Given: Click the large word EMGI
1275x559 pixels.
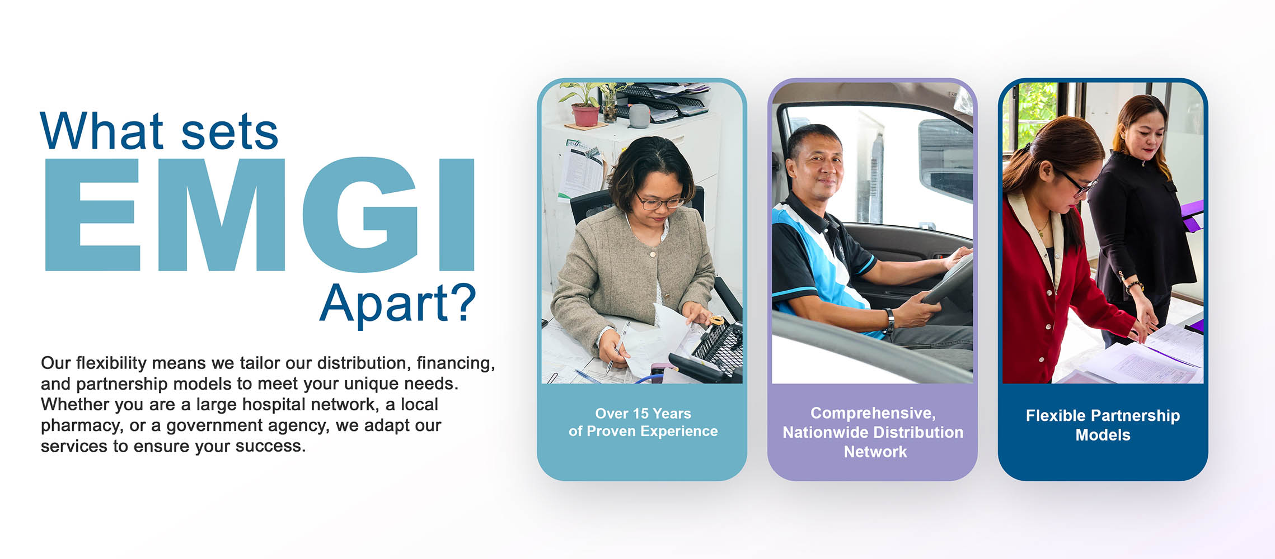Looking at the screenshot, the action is (260, 215).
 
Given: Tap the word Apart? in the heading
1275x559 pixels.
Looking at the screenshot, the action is (398, 304).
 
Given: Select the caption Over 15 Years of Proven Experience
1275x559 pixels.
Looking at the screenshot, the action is (643, 422).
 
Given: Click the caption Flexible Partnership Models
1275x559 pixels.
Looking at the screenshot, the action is (1103, 425).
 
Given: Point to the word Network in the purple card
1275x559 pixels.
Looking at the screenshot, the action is (875, 452).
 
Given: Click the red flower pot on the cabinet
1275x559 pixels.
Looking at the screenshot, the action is (585, 115).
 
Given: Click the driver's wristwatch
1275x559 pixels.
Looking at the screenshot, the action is (889, 319).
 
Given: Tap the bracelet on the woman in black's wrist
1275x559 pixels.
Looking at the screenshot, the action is (1134, 286).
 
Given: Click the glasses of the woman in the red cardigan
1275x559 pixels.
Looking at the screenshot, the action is (1075, 182).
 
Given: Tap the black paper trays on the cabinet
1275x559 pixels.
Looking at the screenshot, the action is (660, 101).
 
